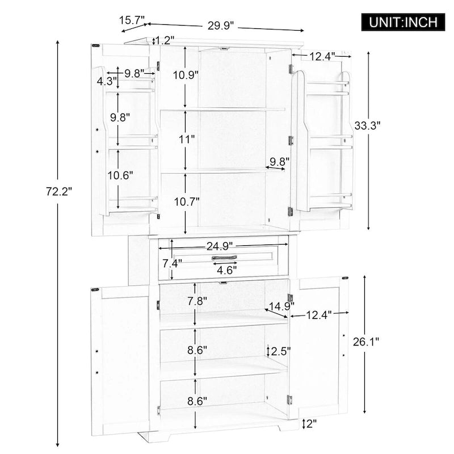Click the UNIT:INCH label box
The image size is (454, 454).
(403, 22)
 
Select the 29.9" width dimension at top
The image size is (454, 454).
(221, 26)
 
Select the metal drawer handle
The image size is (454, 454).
(224, 258)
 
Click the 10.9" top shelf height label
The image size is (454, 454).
(186, 75)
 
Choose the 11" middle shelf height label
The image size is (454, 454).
(186, 138)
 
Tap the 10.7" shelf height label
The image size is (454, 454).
(186, 201)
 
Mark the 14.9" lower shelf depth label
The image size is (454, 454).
(276, 308)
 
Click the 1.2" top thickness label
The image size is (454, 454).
(164, 40)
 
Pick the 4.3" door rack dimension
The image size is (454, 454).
(106, 81)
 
